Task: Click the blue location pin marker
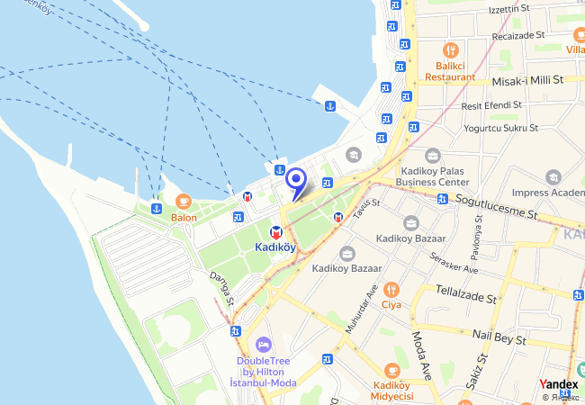[295, 181]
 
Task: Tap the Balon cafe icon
[184, 202]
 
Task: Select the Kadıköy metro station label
[275, 247]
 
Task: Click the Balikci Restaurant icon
[450, 50]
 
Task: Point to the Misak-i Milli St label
[527, 80]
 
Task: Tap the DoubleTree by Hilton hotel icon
[264, 345]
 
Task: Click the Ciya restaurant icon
[391, 290]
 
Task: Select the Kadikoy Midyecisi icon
[391, 370]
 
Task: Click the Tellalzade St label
[466, 295]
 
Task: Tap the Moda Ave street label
[421, 352]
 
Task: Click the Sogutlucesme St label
[496, 208]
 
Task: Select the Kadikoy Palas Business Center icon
[433, 156]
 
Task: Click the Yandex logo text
[559, 383]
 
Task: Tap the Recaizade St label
[521, 40]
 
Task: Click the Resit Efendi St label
[491, 105]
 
